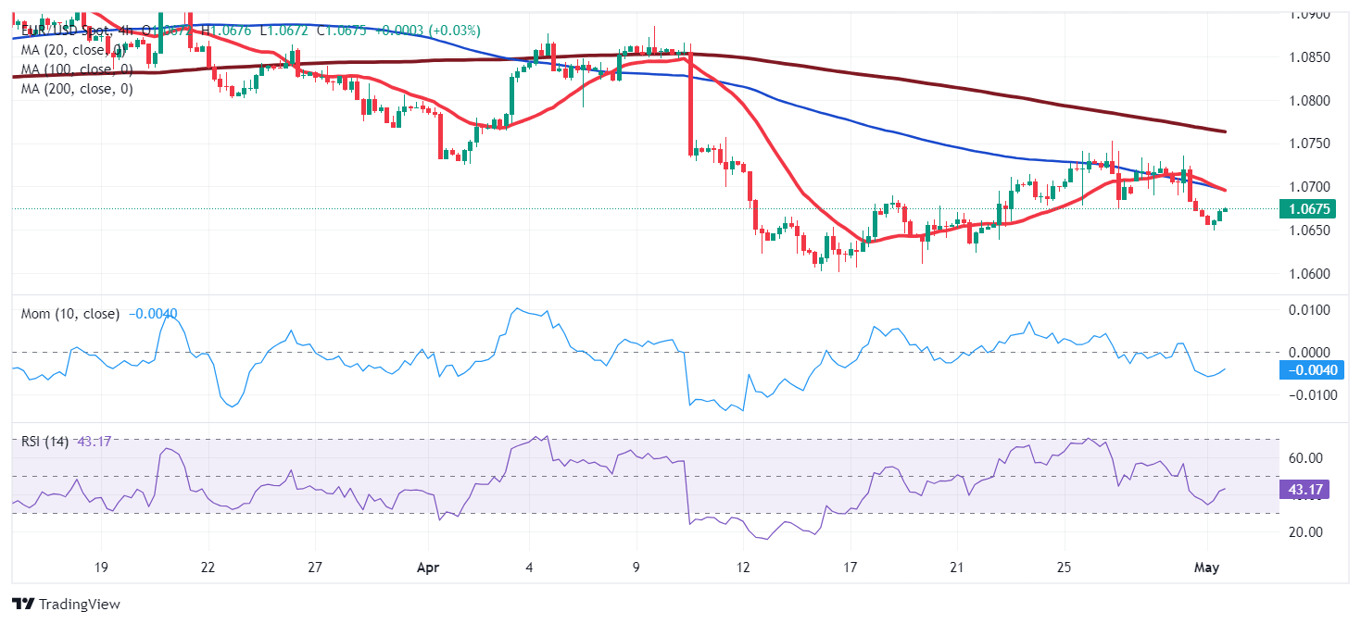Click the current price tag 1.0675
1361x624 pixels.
tap(1307, 209)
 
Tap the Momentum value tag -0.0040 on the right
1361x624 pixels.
tap(1307, 370)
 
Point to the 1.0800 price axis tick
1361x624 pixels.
tap(1310, 100)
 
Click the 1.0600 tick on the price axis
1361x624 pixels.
tap(1310, 274)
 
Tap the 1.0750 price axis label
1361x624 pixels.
tap(1310, 144)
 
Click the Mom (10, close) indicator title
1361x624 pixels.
tap(70, 314)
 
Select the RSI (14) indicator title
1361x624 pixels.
tap(44, 441)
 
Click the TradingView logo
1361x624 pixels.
tap(66, 605)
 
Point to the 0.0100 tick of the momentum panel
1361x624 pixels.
tap(1310, 309)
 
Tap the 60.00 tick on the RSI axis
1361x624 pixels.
tap(1307, 458)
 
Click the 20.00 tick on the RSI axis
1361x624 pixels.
tap(1307, 531)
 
